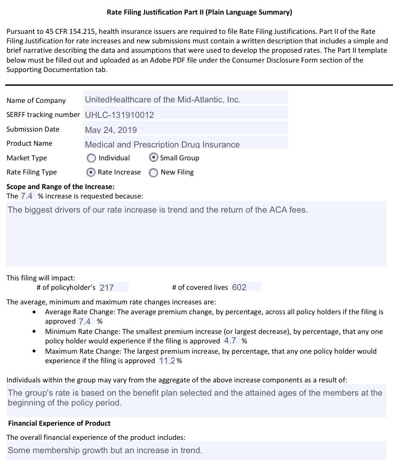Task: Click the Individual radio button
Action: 91,158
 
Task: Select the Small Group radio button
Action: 153,158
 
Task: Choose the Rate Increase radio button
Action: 91,172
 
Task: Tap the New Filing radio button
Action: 153,173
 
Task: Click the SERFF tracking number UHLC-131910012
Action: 119,115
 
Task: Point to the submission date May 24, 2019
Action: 111,130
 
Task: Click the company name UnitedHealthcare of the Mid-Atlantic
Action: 163,99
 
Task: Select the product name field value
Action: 162,144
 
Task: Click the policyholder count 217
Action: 107,288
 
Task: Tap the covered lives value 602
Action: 239,287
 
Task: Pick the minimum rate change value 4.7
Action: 230,341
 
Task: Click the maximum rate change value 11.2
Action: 167,361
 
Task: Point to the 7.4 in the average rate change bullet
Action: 85,322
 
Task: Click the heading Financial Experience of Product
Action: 59,423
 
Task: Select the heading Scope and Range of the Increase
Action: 60,186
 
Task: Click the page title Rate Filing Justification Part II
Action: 199,12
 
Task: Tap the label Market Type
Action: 27,158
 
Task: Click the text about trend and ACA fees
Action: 157,210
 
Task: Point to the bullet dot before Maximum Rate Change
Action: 34,351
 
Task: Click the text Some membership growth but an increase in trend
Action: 105,450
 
